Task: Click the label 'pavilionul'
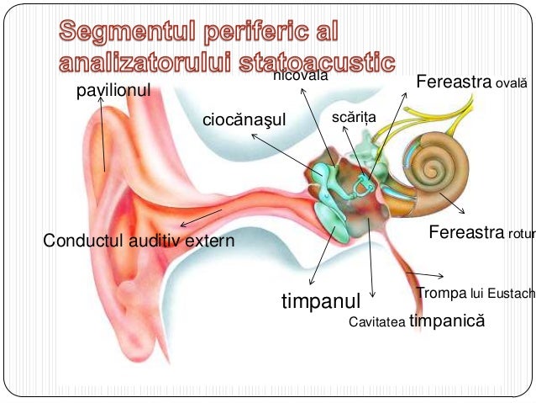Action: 113,91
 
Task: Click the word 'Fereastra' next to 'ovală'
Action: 454,82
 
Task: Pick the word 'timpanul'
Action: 320,300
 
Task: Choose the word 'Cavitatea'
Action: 376,321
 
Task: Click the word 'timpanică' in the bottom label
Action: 447,320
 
